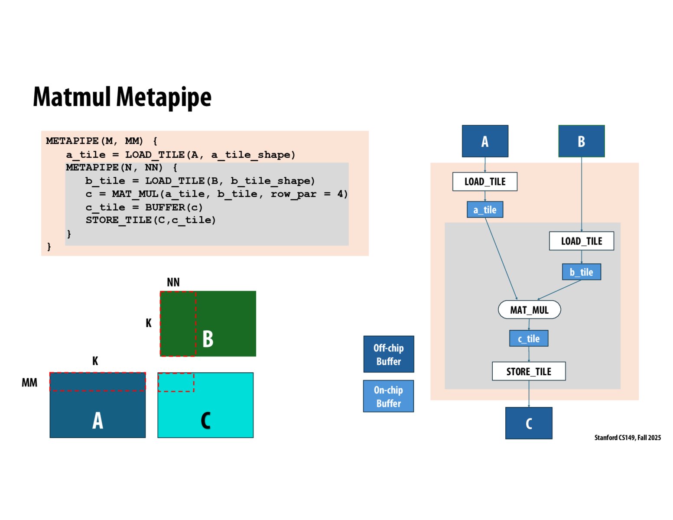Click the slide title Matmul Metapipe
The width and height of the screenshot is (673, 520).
pyautogui.click(x=122, y=97)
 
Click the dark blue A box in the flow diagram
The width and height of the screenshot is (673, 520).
pyautogui.click(x=485, y=141)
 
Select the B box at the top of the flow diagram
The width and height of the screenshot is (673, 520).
pyautogui.click(x=581, y=141)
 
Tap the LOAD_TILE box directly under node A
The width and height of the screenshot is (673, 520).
pyautogui.click(x=485, y=182)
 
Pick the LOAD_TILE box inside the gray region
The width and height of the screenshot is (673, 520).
pyautogui.click(x=582, y=241)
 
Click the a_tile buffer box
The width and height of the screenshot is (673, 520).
pyautogui.click(x=485, y=210)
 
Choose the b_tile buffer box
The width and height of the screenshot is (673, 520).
pyautogui.click(x=582, y=272)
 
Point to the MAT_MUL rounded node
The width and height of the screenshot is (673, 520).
pyautogui.click(x=529, y=310)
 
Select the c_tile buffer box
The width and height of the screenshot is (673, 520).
pyautogui.click(x=529, y=338)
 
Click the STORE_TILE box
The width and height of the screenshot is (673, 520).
pyautogui.click(x=529, y=371)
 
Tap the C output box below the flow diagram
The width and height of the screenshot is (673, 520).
pyautogui.click(x=529, y=423)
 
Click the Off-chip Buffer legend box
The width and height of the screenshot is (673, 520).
pyautogui.click(x=388, y=354)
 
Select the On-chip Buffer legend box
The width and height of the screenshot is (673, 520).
pyautogui.click(x=388, y=396)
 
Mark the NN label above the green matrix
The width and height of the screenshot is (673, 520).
pyautogui.click(x=173, y=283)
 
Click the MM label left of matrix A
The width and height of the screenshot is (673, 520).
pyautogui.click(x=29, y=383)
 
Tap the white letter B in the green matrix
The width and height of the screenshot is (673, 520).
pyautogui.click(x=208, y=339)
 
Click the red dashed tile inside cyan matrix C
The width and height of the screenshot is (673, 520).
pyautogui.click(x=176, y=382)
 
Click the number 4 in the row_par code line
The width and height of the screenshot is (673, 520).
pyautogui.click(x=340, y=194)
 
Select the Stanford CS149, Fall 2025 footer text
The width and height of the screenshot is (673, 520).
pyautogui.click(x=627, y=438)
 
